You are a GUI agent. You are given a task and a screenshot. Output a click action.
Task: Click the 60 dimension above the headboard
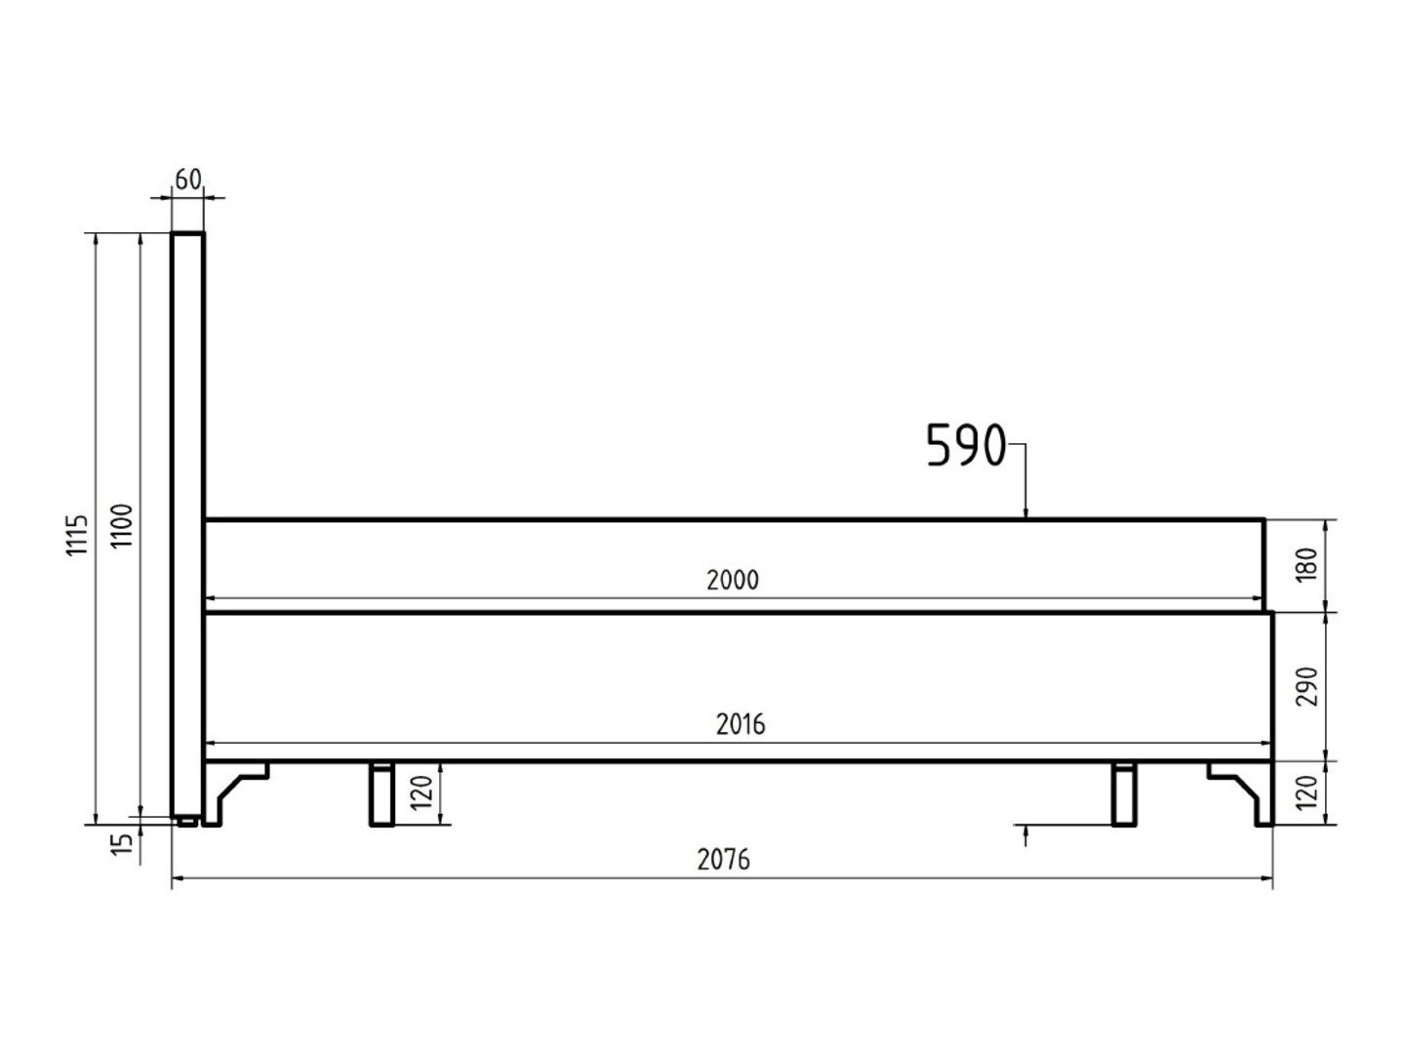(x=188, y=181)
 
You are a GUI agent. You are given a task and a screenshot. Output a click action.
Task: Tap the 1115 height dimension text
(x=77, y=535)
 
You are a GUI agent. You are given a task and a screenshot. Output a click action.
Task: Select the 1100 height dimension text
(x=121, y=525)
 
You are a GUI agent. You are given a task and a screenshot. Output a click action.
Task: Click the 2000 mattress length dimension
(x=733, y=580)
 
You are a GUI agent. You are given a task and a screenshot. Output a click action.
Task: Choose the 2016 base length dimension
(x=741, y=724)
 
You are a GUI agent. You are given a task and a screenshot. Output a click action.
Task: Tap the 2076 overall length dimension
(x=723, y=860)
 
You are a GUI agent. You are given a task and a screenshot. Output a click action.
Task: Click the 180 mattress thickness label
(x=1308, y=564)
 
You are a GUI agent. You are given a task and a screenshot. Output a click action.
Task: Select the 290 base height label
(x=1308, y=686)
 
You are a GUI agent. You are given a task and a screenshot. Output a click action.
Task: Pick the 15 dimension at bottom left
(x=122, y=845)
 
